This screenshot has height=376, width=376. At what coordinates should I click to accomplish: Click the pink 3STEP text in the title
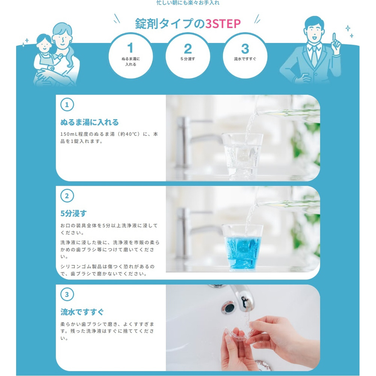pos(223,23)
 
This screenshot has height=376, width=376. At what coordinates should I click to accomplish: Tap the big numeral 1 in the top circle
pos(130,48)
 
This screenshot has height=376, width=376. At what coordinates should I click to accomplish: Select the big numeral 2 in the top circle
pos(188,49)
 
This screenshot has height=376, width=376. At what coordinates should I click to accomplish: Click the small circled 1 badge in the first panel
pos(67,105)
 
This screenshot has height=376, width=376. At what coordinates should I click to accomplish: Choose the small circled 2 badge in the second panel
pos(67,196)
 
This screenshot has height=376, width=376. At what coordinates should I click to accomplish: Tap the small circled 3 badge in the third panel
pos(67,294)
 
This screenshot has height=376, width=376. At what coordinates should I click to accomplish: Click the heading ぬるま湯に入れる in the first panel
pos(89,122)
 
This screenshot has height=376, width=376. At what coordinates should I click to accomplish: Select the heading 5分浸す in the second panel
pos(73,213)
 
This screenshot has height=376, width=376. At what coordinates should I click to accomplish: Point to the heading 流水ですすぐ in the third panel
pos(82,312)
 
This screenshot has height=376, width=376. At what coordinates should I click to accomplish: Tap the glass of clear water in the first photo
pos(242,156)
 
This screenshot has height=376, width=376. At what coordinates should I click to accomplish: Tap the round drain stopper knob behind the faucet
pos(228,308)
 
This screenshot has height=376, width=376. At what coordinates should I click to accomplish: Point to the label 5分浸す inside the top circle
pos(188,59)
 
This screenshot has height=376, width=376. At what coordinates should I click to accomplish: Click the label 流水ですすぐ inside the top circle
pos(245,59)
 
